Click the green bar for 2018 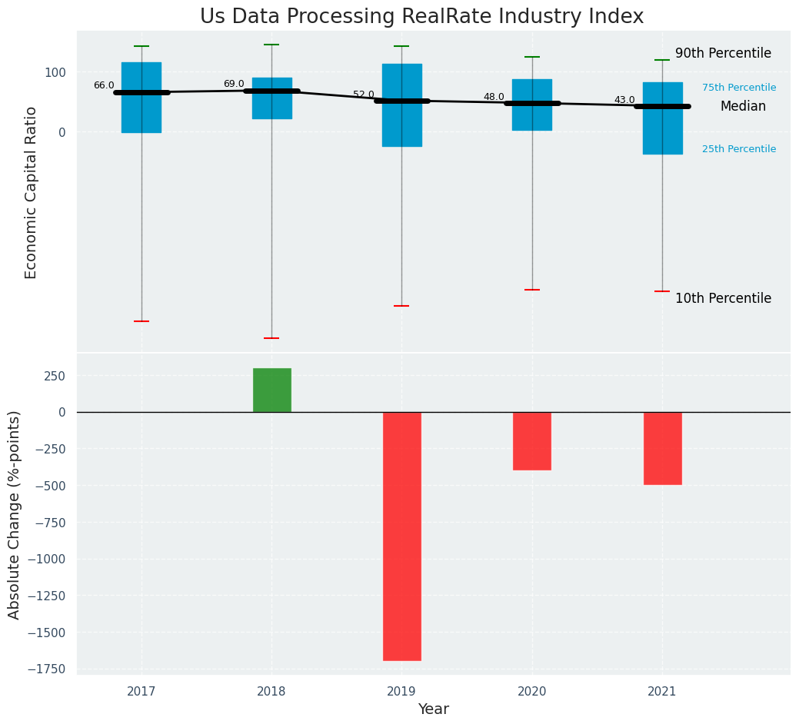coord(271,390)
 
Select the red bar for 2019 coord(401,536)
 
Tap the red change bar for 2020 coord(531,440)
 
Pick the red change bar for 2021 coord(662,448)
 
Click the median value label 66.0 coord(104,86)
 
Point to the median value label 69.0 coord(234,85)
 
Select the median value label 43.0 coord(624,101)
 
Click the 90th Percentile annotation coord(723,54)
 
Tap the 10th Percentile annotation coord(723,299)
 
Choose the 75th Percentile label coord(739,88)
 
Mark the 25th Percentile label coord(739,149)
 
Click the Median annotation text coord(743,107)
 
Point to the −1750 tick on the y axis coord(47,669)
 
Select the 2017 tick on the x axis coord(141,692)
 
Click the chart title coord(421,17)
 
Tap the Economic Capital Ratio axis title coord(32,192)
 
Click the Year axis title coord(433,709)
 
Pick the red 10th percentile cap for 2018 coord(271,338)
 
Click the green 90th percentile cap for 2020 coord(531,57)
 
